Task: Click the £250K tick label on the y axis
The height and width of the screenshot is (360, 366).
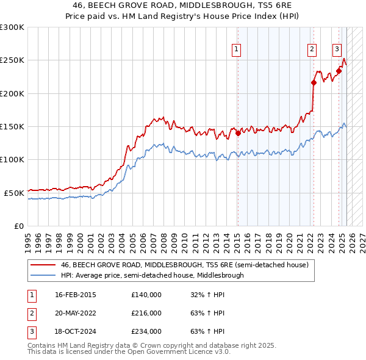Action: tap(12, 60)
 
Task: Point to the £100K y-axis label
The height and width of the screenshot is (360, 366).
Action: tap(12, 159)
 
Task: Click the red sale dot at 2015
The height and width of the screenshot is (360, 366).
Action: tap(238, 133)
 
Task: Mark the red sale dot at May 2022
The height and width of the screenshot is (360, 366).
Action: tap(314, 83)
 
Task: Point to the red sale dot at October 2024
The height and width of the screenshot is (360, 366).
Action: tap(339, 71)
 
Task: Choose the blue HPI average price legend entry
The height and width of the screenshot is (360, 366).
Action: tap(152, 275)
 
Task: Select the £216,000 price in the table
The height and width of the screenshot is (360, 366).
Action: tap(146, 313)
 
